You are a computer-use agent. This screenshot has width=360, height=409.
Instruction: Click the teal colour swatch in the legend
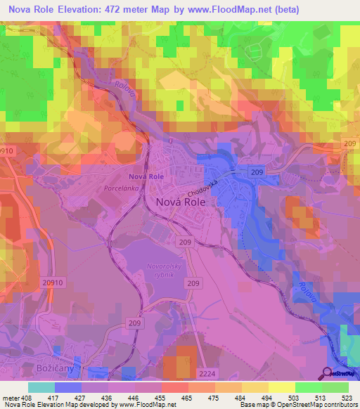(41, 387)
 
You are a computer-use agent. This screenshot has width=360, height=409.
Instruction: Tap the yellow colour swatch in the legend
(282, 387)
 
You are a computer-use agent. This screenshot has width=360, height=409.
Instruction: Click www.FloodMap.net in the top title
(231, 9)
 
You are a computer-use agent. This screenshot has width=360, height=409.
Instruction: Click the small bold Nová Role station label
(146, 176)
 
